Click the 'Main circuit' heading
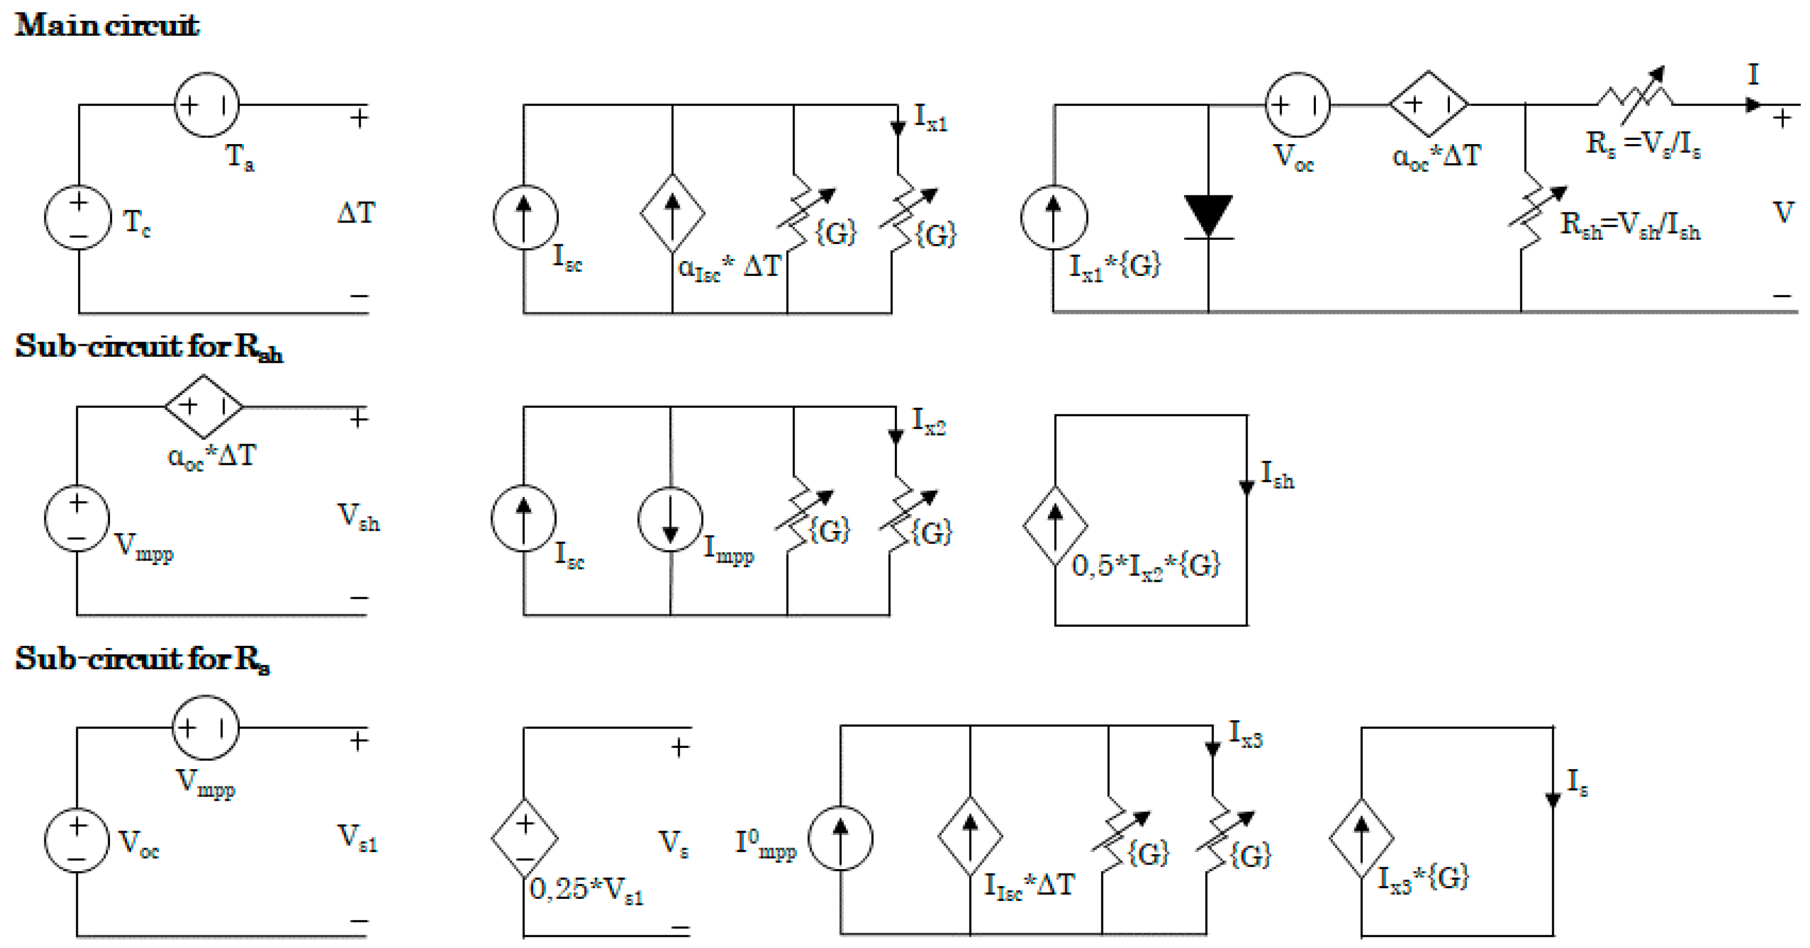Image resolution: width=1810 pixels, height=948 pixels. tap(107, 25)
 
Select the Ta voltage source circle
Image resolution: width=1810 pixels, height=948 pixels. tap(207, 105)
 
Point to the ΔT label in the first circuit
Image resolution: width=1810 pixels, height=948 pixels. tap(356, 212)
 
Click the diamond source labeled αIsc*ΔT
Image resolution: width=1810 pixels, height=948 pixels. tap(672, 213)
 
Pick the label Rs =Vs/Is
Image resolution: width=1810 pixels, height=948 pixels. tap(1642, 144)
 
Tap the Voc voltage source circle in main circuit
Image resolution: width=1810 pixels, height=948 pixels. tap(1297, 105)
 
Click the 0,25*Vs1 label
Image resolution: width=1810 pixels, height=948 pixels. tap(586, 890)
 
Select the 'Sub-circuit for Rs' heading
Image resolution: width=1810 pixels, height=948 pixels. tap(142, 659)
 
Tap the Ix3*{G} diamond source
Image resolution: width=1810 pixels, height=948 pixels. tap(1361, 838)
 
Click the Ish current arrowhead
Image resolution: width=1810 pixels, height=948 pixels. tap(1247, 487)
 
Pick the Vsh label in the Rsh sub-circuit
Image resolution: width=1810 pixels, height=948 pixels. tap(359, 517)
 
